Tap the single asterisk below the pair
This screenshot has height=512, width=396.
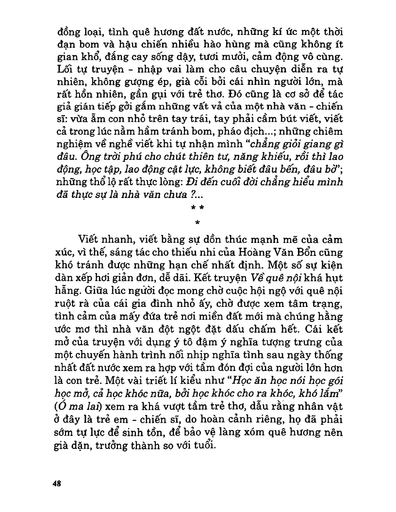click(198, 223)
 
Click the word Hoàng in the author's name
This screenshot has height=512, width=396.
click(263, 253)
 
